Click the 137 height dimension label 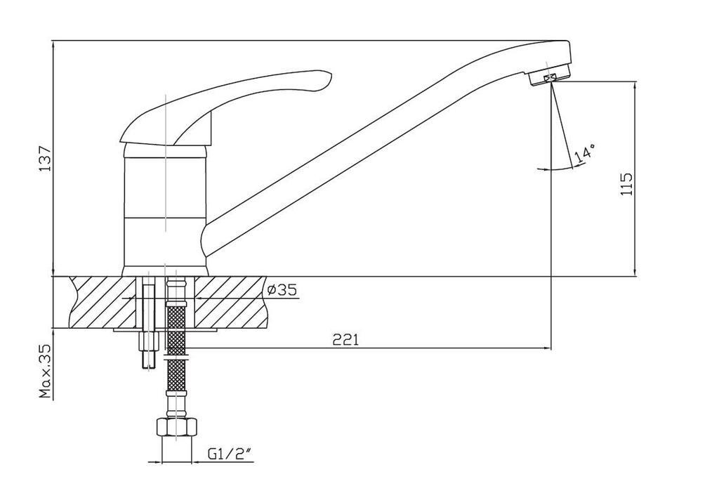45,159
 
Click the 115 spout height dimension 626,183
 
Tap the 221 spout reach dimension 345,340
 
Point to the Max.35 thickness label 45,371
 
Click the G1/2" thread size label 230,454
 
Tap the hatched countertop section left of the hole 103,302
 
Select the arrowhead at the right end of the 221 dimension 548,348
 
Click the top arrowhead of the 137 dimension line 53,44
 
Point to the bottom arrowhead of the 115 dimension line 635,273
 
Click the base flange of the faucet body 165,271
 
